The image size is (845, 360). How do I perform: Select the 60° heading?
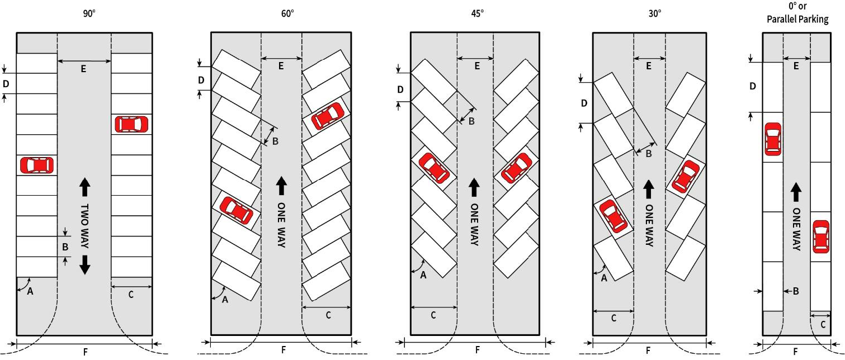pyautogui.click(x=281, y=12)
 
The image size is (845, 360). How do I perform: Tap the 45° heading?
pyautogui.click(x=477, y=12)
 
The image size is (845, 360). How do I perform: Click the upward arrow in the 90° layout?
pyautogui.click(x=84, y=186)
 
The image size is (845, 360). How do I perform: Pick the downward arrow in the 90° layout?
pyautogui.click(x=84, y=264)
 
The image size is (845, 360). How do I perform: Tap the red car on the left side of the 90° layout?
pyautogui.click(x=37, y=165)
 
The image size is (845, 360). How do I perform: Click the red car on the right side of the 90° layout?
pyautogui.click(x=131, y=124)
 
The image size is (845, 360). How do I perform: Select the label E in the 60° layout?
pyautogui.click(x=281, y=66)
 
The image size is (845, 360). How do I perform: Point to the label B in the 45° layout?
pyautogui.click(x=471, y=121)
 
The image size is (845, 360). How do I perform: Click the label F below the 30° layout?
pyautogui.click(x=648, y=350)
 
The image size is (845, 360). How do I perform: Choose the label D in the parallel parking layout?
pyautogui.click(x=753, y=86)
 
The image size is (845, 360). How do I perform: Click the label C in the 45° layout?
pyautogui.click(x=433, y=315)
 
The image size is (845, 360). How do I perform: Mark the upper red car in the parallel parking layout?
pyautogui.click(x=772, y=139)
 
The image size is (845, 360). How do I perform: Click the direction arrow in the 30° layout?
pyautogui.click(x=649, y=189)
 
